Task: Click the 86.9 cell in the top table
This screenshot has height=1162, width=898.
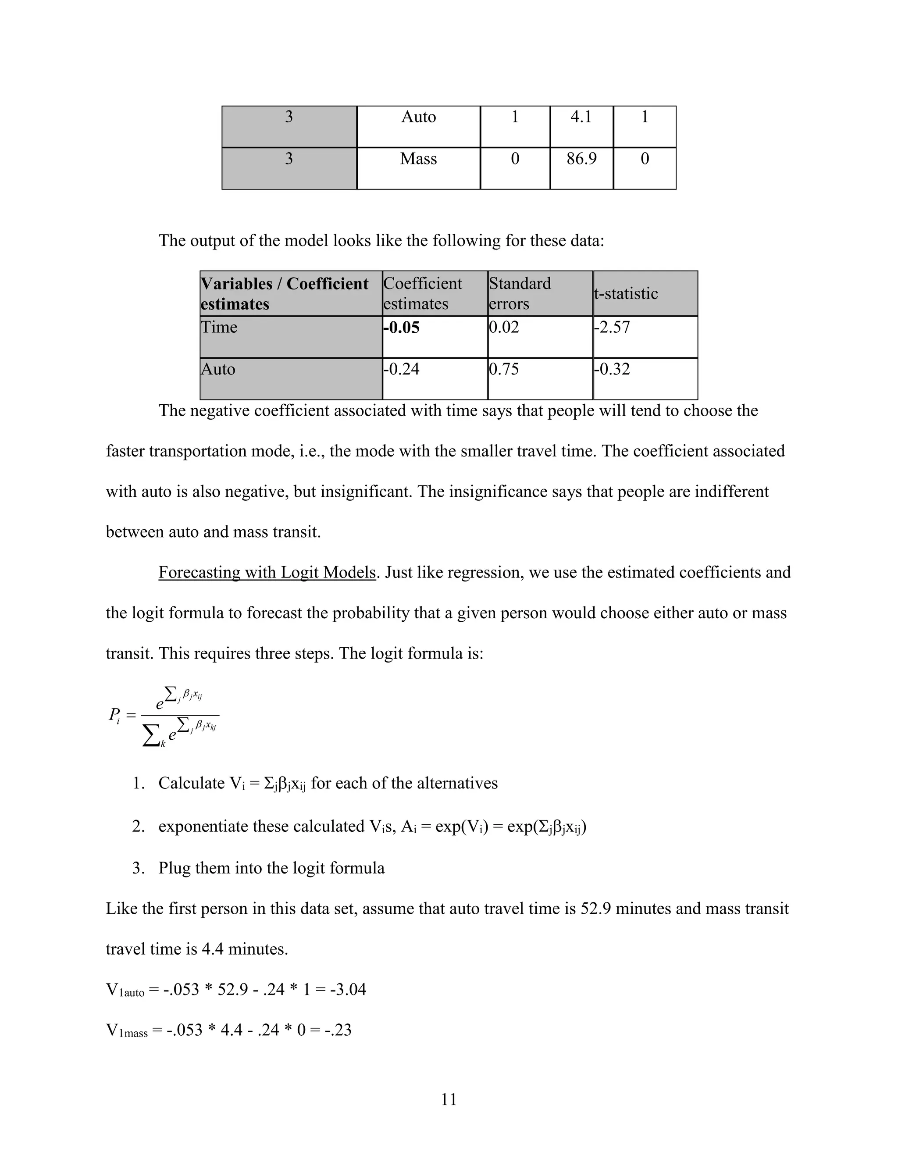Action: pyautogui.click(x=581, y=159)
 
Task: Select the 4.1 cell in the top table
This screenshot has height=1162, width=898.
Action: pyautogui.click(x=581, y=117)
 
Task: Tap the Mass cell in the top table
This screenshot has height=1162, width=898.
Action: pyautogui.click(x=418, y=159)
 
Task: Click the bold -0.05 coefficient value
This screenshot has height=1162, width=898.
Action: pyautogui.click(x=402, y=327)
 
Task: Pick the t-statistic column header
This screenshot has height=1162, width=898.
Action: pyautogui.click(x=626, y=293)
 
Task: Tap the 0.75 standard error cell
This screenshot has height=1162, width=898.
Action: pyautogui.click(x=504, y=369)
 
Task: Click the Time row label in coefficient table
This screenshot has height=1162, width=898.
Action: pyautogui.click(x=219, y=327)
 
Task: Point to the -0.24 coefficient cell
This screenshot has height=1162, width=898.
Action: pyautogui.click(x=402, y=369)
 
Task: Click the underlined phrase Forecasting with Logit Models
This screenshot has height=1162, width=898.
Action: pyautogui.click(x=267, y=573)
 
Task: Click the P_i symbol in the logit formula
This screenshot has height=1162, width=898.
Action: pyautogui.click(x=115, y=715)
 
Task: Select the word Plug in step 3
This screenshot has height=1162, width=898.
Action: pyautogui.click(x=175, y=868)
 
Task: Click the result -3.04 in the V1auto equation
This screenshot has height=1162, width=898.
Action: pyautogui.click(x=348, y=990)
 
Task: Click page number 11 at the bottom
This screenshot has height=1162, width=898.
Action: pyautogui.click(x=449, y=1099)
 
